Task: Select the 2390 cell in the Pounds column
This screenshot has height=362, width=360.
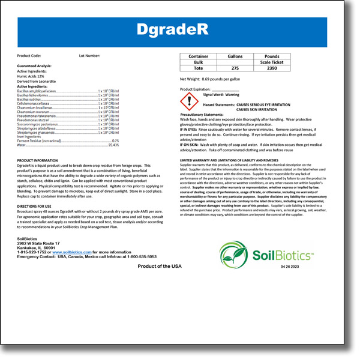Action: tap(272, 68)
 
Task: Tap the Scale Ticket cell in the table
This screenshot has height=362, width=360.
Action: tap(272, 62)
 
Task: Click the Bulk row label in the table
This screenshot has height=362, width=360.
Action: tap(199, 62)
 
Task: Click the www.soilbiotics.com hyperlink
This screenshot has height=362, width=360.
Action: tap(71, 252)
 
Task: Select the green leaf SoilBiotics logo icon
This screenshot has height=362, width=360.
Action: tap(231, 255)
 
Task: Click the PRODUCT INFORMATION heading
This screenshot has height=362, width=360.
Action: tap(37, 161)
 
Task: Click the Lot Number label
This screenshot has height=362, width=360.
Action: tap(89, 55)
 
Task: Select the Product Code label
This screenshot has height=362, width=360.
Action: tap(29, 55)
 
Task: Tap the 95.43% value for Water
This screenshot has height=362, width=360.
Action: tap(113, 145)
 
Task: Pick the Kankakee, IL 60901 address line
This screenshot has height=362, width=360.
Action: tap(36, 247)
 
